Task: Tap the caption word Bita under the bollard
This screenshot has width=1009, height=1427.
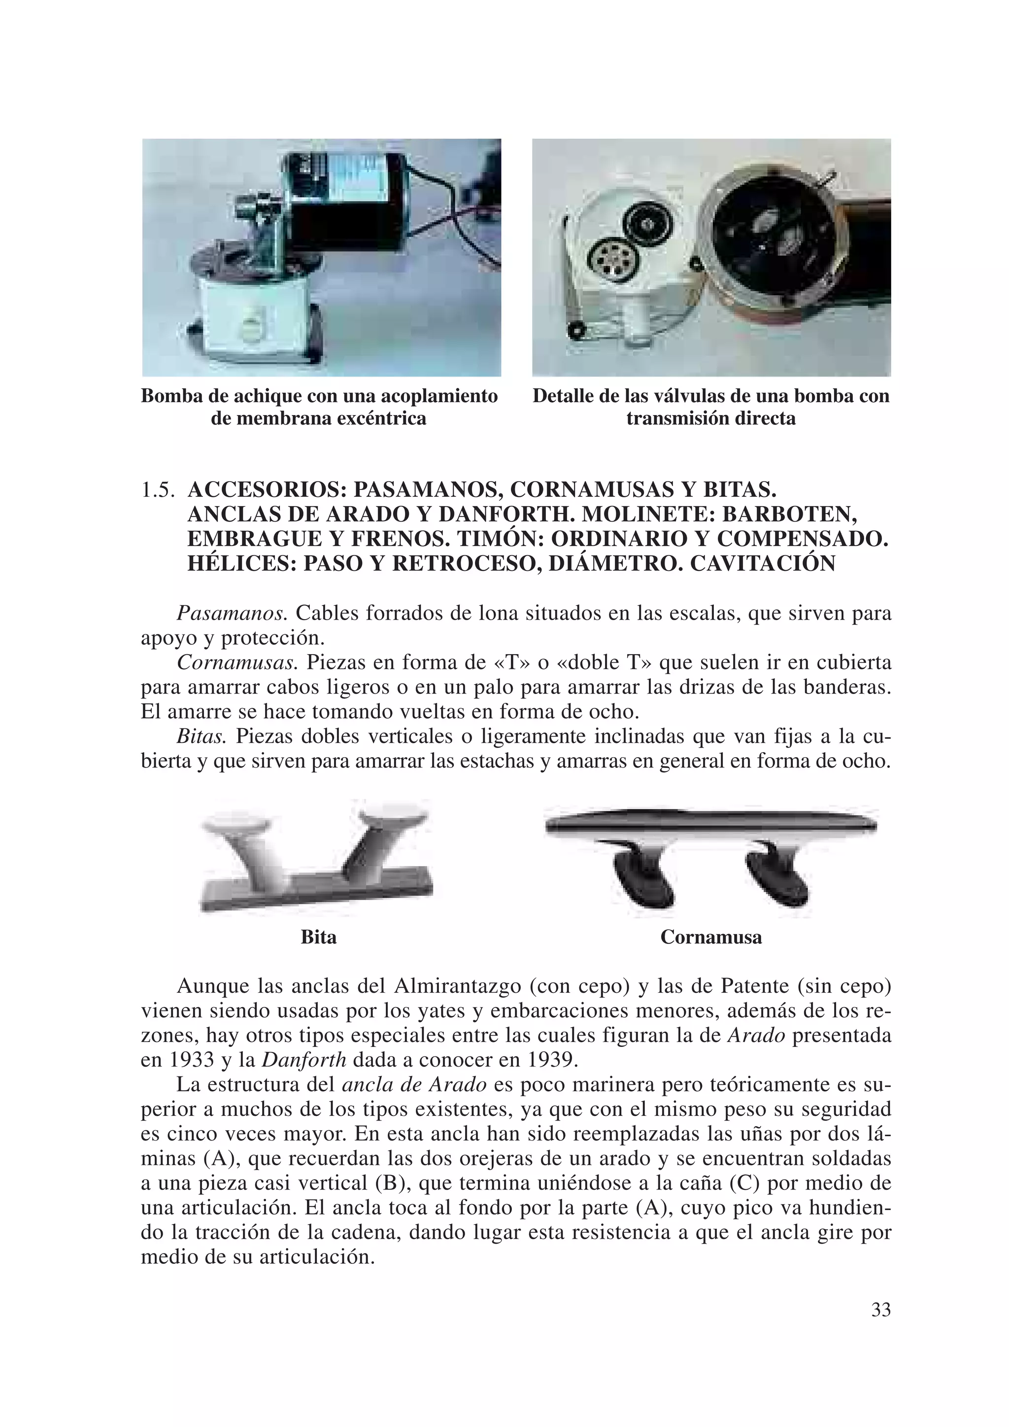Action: pos(318,937)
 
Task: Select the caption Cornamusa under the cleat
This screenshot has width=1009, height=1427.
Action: pos(711,937)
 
